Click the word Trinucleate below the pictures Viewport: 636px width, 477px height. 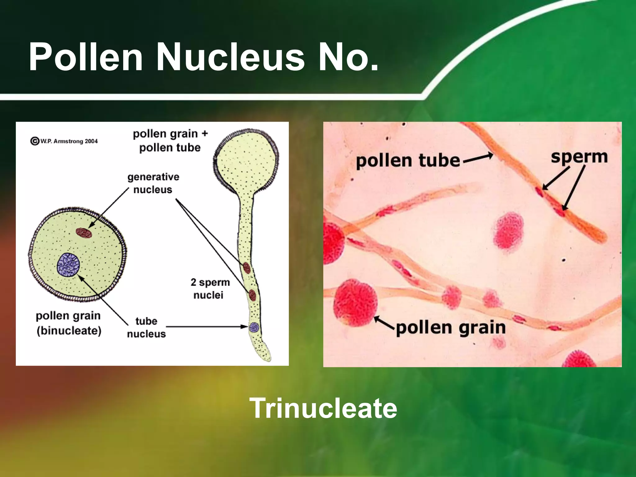pyautogui.click(x=323, y=408)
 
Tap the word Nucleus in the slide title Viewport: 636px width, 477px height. pyautogui.click(x=230, y=57)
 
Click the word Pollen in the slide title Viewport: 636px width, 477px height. pyautogui.click(x=86, y=57)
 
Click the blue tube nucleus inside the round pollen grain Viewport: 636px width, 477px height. pyautogui.click(x=68, y=265)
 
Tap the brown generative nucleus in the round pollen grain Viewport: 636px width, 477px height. pyautogui.click(x=84, y=233)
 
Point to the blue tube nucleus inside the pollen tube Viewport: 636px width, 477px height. pyautogui.click(x=254, y=327)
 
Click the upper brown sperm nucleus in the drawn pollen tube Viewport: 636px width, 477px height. pyautogui.click(x=247, y=267)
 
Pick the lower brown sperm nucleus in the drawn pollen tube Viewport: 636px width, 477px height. pyautogui.click(x=252, y=295)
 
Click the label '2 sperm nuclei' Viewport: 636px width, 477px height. pyautogui.click(x=210, y=288)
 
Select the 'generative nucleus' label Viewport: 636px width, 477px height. pyautogui.click(x=153, y=183)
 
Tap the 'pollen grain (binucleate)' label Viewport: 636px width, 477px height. pyautogui.click(x=69, y=323)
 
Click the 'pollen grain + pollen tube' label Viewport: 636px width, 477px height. pyautogui.click(x=170, y=141)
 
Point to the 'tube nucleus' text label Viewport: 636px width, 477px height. pyautogui.click(x=146, y=327)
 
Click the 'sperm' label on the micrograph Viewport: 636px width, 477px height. pyautogui.click(x=579, y=157)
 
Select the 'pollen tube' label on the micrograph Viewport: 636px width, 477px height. pyautogui.click(x=408, y=161)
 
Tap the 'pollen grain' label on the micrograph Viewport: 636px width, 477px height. pyautogui.click(x=451, y=328)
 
